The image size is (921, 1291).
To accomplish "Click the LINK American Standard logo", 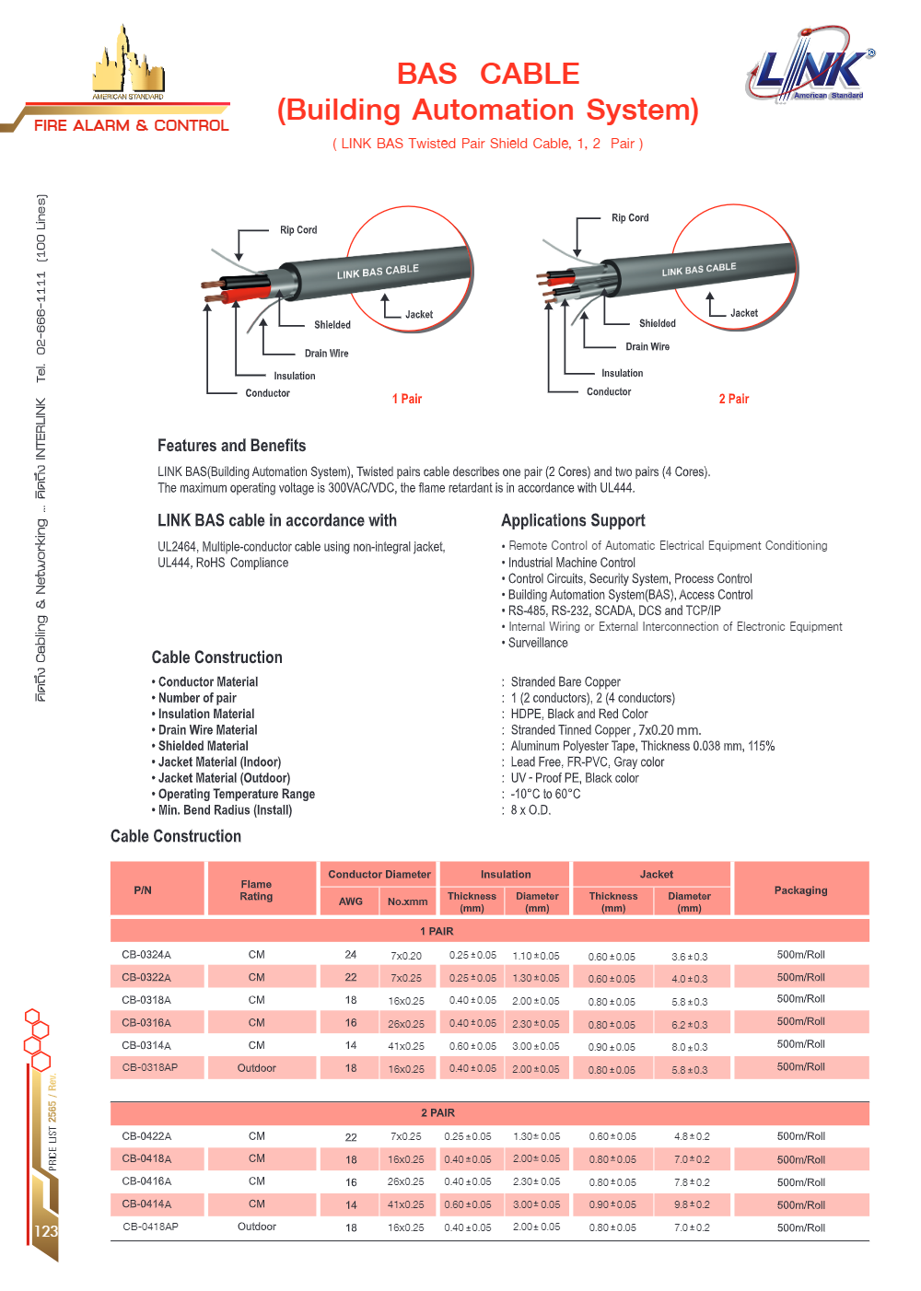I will (x=810, y=64).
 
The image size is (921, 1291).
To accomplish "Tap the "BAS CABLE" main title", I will (x=487, y=74).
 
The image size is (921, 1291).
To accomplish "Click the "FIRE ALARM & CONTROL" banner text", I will (x=131, y=125).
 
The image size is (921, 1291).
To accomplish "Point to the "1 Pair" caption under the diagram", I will (x=406, y=399).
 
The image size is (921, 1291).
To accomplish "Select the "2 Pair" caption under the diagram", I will (x=733, y=399).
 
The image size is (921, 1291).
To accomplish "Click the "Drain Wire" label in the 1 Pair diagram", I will (x=326, y=354).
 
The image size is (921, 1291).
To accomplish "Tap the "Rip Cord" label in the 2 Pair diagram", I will (x=630, y=218).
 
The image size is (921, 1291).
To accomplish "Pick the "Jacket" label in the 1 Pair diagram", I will (x=418, y=315).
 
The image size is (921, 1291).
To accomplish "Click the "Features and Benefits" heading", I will (x=231, y=446).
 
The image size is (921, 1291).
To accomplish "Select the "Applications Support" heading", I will (x=573, y=520).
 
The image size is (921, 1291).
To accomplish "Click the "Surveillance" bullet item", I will (x=537, y=643).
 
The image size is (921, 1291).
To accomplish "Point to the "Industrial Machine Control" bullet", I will (x=571, y=563).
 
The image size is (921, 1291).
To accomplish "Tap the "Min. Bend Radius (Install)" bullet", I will (x=225, y=810).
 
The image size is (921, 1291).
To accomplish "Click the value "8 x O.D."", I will (x=530, y=810).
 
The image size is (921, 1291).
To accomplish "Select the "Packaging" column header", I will (x=800, y=890).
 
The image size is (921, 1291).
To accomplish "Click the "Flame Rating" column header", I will (x=256, y=890).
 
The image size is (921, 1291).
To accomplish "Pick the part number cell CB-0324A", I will (x=146, y=955).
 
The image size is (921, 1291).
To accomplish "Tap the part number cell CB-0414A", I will (x=146, y=1204).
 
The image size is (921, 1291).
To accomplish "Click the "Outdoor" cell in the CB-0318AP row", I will (x=256, y=1068).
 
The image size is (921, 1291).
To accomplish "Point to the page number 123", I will (x=45, y=1231).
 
